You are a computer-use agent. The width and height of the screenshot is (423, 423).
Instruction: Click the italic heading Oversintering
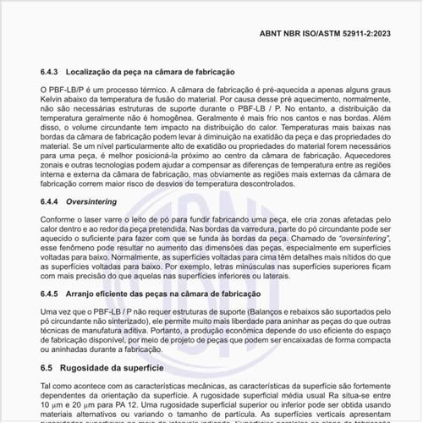click(x=102, y=203)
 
